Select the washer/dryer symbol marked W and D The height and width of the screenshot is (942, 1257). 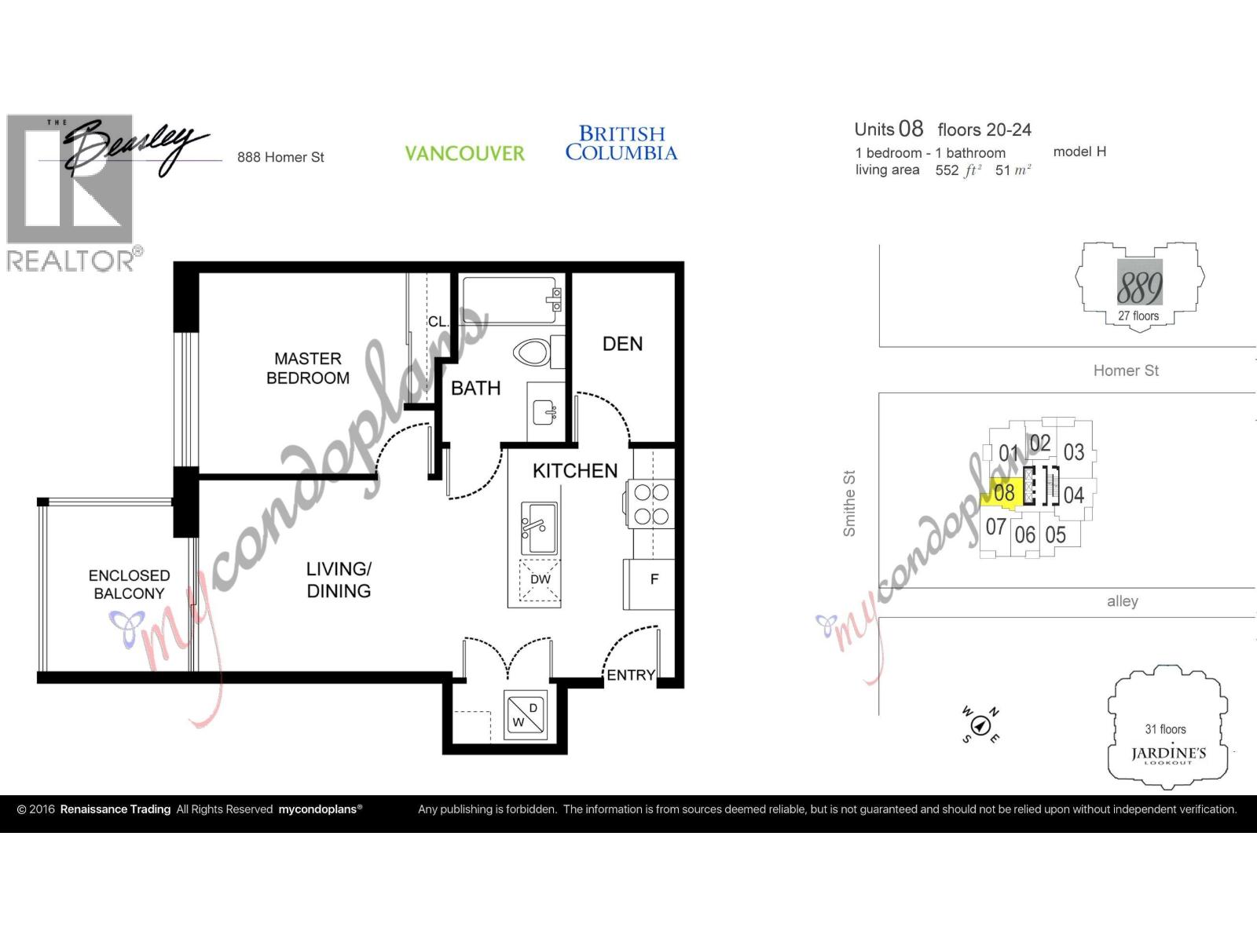(x=526, y=715)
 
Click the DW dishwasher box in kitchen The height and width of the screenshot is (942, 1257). (x=541, y=580)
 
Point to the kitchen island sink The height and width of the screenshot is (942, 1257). (x=539, y=528)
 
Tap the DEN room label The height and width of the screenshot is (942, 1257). (x=622, y=344)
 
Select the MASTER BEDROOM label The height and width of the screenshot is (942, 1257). (x=308, y=368)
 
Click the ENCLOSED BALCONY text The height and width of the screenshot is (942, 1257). (x=129, y=585)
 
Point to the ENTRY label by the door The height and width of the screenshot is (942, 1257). (x=631, y=675)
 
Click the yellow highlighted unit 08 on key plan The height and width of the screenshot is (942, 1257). (x=1004, y=493)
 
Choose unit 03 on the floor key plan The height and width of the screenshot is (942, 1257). (x=1074, y=452)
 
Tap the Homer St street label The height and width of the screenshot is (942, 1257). (x=1126, y=371)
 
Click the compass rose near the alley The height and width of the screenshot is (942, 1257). (x=980, y=724)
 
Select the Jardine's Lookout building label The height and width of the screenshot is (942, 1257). (x=1167, y=754)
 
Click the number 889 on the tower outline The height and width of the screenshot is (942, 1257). (x=1139, y=287)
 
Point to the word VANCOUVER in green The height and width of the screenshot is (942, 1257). (x=464, y=153)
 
